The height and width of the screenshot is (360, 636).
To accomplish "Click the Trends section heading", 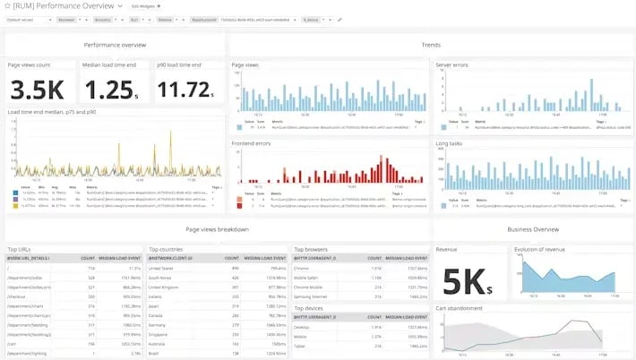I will pos(430,44).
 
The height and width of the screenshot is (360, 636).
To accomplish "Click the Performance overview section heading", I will pos(115,44).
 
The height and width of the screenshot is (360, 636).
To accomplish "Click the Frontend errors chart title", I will pos(253,141).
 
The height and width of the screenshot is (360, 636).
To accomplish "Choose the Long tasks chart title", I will pos(449,141).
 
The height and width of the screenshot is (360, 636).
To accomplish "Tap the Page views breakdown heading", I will pos(217,230).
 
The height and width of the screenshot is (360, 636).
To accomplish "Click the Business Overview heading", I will pos(532,230).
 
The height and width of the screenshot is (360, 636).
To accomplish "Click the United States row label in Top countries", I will pos(162,267).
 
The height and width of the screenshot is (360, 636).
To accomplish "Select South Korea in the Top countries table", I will pos(161,277).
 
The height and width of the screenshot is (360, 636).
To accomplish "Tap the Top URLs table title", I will pos(21,249).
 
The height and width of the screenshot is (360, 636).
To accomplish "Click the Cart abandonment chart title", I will pos(460,308).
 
